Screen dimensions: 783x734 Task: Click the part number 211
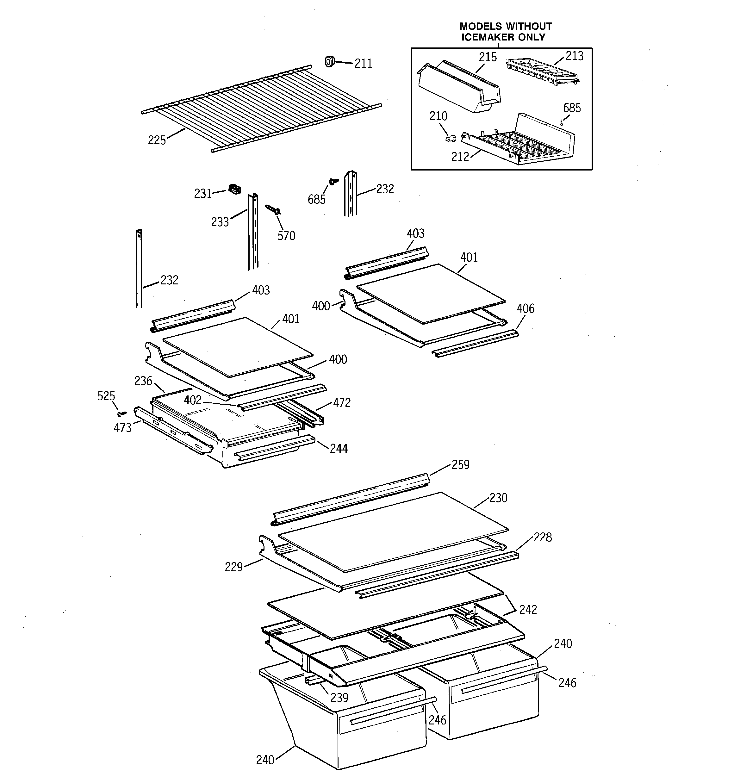point(363,63)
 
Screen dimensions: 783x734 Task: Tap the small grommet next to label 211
point(329,61)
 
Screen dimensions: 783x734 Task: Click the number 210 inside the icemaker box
point(438,116)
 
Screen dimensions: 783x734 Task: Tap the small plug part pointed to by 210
point(451,138)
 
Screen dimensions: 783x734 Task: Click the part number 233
point(220,222)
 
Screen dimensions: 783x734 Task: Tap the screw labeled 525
point(122,413)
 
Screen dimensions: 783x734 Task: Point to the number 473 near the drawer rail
point(122,428)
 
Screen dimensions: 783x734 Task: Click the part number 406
point(525,308)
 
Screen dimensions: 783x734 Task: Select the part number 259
point(460,465)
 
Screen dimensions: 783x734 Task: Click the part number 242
point(527,610)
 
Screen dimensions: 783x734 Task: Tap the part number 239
point(339,698)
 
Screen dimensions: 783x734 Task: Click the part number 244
point(339,449)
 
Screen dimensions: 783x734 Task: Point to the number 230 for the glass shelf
point(498,498)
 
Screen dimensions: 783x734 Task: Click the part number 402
point(193,400)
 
